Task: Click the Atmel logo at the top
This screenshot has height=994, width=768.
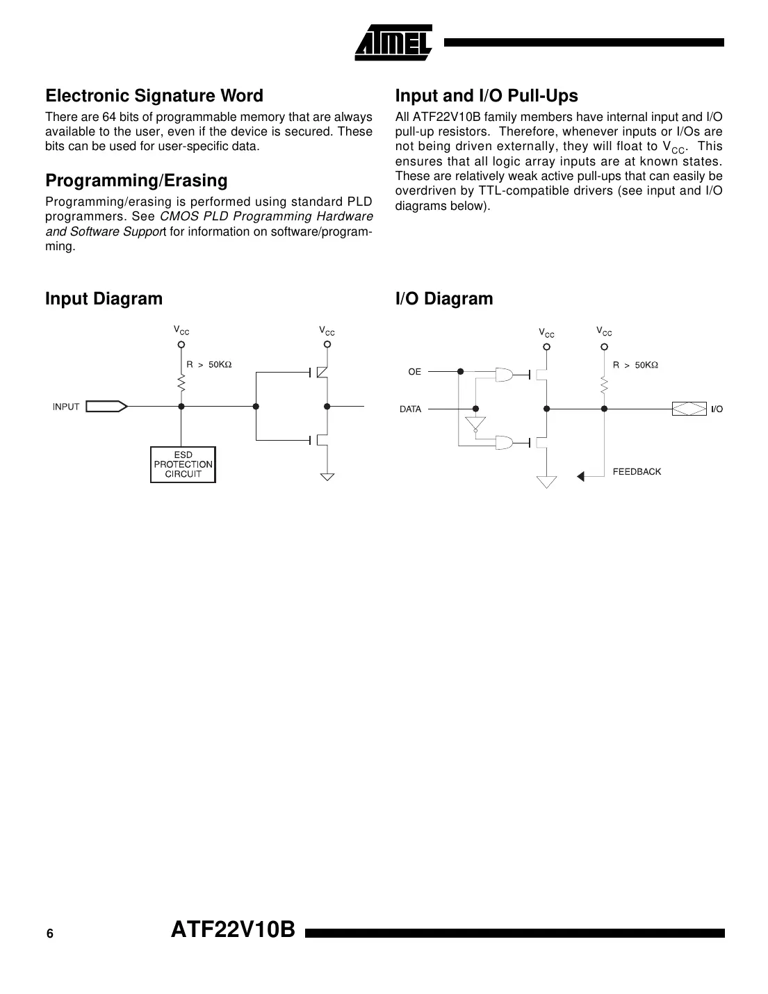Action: click(x=394, y=42)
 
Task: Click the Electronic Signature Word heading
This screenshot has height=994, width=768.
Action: click(x=154, y=96)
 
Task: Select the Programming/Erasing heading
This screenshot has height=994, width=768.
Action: click(x=136, y=181)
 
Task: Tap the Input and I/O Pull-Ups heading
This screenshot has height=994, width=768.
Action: click(x=487, y=96)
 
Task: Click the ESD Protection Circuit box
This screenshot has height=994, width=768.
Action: click(x=183, y=465)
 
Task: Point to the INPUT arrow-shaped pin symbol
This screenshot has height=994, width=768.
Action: click(x=106, y=407)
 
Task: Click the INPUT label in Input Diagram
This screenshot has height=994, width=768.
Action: click(x=66, y=407)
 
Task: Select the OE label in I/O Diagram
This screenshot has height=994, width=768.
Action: click(x=414, y=372)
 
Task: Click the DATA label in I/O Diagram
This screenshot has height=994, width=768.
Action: click(x=410, y=409)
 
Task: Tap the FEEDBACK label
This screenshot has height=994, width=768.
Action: click(x=637, y=472)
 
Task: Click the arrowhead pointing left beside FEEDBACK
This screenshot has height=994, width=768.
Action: click(x=581, y=476)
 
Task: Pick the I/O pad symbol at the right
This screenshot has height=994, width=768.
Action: click(x=689, y=409)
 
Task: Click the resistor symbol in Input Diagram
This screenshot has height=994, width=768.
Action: click(x=181, y=383)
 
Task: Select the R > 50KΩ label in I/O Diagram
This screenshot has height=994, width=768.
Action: click(x=635, y=365)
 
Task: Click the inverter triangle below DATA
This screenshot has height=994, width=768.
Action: click(x=476, y=424)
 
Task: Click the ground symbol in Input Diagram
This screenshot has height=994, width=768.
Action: click(x=327, y=477)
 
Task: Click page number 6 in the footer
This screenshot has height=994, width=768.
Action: click(x=49, y=934)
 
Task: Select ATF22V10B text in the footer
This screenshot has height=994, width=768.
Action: click(x=234, y=930)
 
